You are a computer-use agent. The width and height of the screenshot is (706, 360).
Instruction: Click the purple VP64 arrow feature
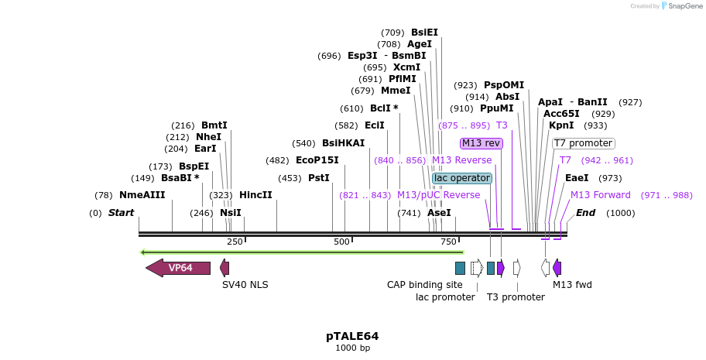coord(179,268)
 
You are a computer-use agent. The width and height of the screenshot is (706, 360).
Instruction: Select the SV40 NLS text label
coord(245,285)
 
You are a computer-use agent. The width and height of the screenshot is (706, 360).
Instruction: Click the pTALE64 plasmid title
coord(352,336)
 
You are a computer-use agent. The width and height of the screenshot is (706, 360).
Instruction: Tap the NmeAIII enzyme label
coord(142,195)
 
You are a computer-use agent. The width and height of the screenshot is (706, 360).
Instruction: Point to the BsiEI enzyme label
coord(424,33)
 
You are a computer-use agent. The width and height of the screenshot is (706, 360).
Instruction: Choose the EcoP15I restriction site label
coord(317,160)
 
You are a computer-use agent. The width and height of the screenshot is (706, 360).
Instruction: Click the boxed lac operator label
coord(462,178)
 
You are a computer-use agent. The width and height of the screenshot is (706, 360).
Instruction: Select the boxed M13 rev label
coord(481,143)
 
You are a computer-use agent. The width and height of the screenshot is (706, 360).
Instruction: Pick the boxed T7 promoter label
coord(583,143)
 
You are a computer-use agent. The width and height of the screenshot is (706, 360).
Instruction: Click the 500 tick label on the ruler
coord(341,242)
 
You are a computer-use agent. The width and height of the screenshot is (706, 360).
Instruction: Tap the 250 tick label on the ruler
coord(235,242)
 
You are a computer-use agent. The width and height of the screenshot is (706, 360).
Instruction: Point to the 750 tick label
coord(448,242)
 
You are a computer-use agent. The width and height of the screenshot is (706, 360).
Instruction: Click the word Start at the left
coord(121,213)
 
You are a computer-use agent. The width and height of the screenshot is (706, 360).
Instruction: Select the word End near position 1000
coord(585,213)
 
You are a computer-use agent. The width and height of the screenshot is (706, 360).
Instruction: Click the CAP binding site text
coord(424,285)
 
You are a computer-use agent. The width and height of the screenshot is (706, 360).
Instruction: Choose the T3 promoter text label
coord(516,297)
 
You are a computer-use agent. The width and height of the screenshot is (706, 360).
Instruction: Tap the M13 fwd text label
coord(572,285)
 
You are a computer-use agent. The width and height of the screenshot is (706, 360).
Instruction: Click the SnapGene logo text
coord(684,6)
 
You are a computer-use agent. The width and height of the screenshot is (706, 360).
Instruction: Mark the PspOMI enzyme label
coord(504,85)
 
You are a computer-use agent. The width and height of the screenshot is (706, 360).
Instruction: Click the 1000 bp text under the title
coord(352,348)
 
